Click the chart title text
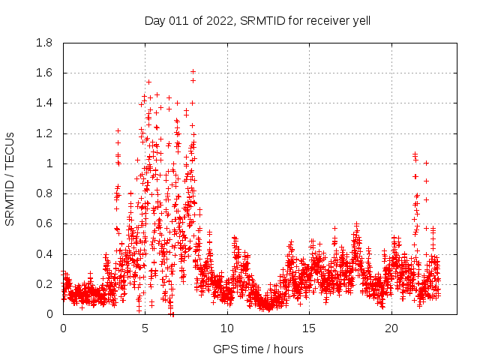[257, 21]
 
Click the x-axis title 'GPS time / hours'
[258, 349]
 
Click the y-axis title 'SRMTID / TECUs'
[10, 179]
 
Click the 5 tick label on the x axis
[145, 328]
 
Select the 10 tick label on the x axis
[227, 328]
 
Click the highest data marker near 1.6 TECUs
[193, 72]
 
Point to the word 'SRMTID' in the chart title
[259, 21]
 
